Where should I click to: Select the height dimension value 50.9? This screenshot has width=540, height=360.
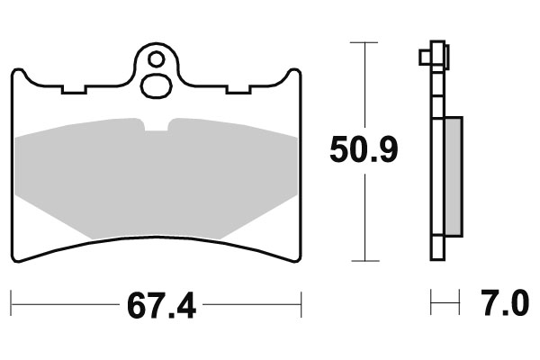364,151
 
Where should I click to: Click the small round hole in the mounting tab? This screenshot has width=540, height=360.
157,62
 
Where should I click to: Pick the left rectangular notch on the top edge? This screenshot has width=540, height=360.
72,90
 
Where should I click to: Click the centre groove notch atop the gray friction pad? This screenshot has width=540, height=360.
157,125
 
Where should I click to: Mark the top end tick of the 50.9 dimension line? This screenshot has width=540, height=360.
364,42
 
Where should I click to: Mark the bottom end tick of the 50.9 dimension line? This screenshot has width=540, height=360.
364,261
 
